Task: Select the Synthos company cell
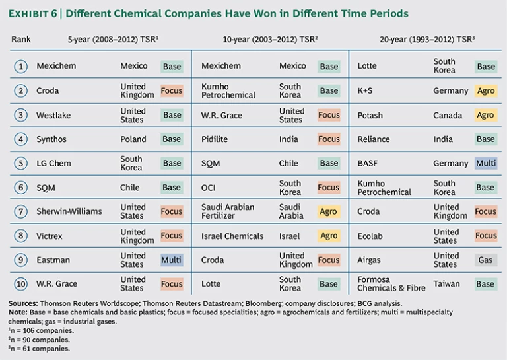point(51,139)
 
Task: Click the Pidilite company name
point(216,139)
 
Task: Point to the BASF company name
point(368,163)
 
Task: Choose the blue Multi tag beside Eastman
point(172,260)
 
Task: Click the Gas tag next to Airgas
point(485,260)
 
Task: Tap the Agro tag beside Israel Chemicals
point(328,236)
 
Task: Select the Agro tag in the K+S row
point(485,91)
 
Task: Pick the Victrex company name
point(50,236)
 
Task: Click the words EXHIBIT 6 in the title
point(35,13)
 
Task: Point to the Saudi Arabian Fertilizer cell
point(227,211)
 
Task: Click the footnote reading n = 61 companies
point(40,348)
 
